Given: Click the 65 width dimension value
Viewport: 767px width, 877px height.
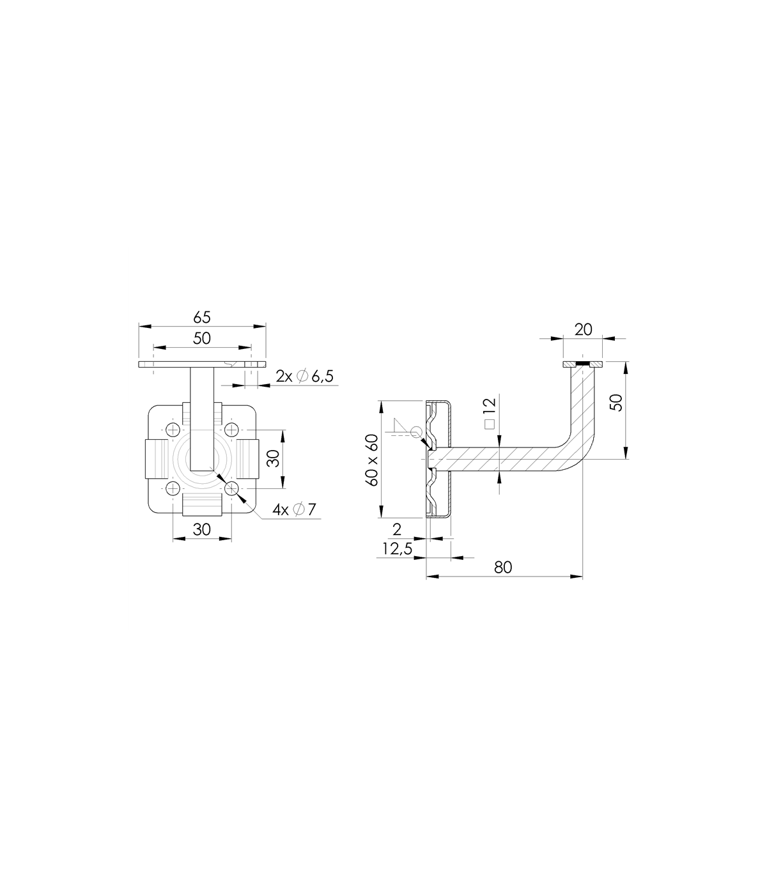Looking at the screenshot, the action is (x=202, y=318).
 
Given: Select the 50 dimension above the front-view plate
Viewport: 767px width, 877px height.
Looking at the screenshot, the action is (x=202, y=339).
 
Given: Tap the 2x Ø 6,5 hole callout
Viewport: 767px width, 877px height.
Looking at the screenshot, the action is (x=305, y=376).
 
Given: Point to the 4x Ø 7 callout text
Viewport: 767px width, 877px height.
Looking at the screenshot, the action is (x=295, y=509).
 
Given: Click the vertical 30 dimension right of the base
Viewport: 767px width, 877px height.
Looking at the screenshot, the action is (x=274, y=459).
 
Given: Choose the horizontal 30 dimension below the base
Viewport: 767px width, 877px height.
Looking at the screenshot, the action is (x=202, y=530).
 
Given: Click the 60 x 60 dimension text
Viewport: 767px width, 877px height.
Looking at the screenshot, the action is (x=372, y=460).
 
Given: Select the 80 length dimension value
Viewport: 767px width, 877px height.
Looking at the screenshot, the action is (x=503, y=568).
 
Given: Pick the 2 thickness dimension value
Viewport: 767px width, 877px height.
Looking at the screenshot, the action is (x=397, y=530).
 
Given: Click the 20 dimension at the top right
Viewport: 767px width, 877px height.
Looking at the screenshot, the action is (x=583, y=330).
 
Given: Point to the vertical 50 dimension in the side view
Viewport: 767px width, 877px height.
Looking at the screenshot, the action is (x=616, y=403).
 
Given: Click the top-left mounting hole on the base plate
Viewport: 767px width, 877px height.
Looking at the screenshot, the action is (x=173, y=430).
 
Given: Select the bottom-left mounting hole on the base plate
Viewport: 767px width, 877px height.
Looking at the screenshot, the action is (x=173, y=488).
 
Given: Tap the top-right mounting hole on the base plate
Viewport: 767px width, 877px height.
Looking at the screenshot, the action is (x=231, y=430).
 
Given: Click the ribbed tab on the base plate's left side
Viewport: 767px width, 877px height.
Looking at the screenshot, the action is (x=157, y=459).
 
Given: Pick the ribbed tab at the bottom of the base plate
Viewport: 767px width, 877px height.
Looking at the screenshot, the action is (x=202, y=504).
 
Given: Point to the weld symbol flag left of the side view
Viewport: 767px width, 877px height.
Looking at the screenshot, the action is (x=402, y=426).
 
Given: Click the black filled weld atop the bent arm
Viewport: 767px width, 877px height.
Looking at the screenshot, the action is (x=583, y=364).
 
